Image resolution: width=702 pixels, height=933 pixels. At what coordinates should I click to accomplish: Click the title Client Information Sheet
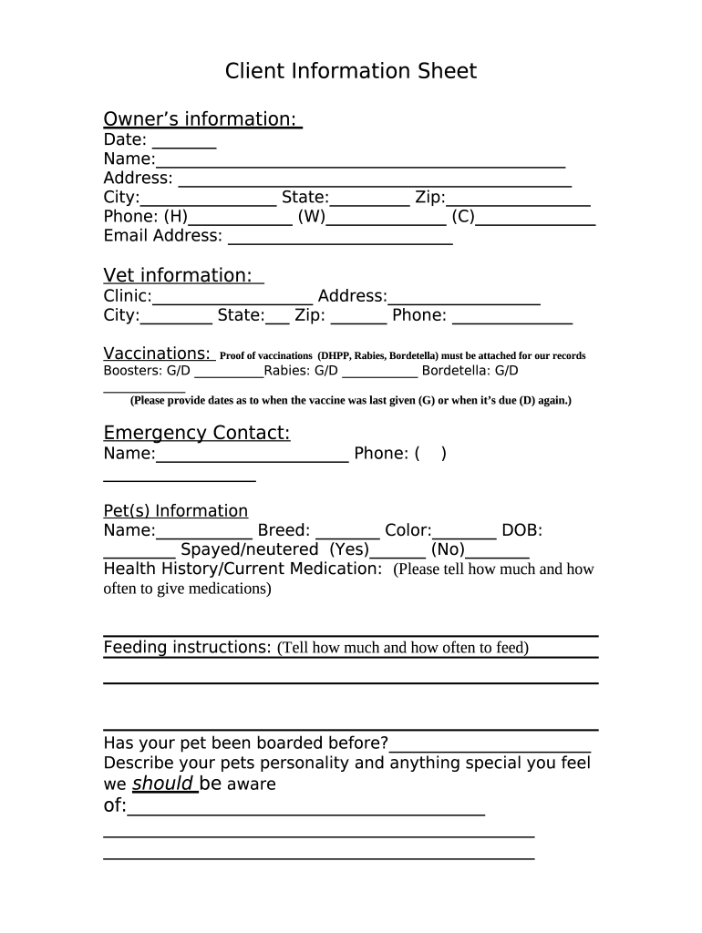pyautogui.click(x=351, y=71)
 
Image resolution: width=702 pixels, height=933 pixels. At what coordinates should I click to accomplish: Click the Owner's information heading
pyautogui.click(x=202, y=119)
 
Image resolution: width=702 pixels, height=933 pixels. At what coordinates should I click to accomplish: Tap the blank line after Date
pyautogui.click(x=184, y=142)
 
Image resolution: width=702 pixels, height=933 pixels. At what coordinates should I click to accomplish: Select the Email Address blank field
pyautogui.click(x=340, y=239)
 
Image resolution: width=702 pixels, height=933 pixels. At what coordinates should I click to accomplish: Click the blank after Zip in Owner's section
pyautogui.click(x=518, y=200)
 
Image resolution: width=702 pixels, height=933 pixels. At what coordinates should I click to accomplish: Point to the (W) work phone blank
pyautogui.click(x=386, y=220)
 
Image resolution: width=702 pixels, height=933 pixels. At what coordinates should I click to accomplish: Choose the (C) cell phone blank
pyautogui.click(x=536, y=220)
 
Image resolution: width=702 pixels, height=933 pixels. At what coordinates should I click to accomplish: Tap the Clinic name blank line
pyautogui.click(x=232, y=299)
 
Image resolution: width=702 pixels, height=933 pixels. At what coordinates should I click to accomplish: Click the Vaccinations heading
pyautogui.click(x=158, y=354)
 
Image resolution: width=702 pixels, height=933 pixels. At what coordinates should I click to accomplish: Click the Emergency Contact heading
pyautogui.click(x=196, y=433)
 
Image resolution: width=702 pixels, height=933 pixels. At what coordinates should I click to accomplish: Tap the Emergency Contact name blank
pyautogui.click(x=253, y=456)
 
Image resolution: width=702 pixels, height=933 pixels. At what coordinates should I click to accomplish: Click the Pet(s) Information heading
pyautogui.click(x=175, y=510)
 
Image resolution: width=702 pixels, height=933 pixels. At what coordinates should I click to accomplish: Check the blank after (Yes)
pyautogui.click(x=398, y=553)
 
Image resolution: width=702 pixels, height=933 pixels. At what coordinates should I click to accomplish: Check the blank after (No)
pyautogui.click(x=498, y=553)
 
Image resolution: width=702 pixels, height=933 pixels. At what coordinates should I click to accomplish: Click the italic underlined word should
pyautogui.click(x=163, y=784)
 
